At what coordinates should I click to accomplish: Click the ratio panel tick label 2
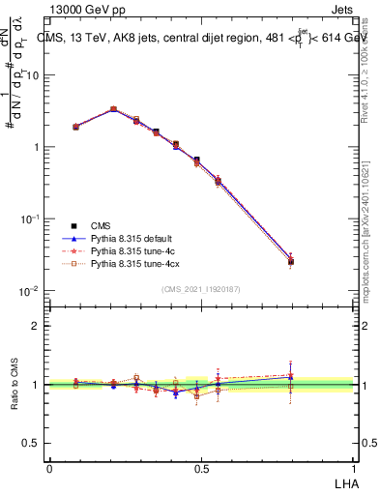point(36,326)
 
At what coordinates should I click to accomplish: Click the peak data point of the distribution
point(113,109)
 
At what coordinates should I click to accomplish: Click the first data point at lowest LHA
point(76,127)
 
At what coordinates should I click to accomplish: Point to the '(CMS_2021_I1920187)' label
point(201,288)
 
